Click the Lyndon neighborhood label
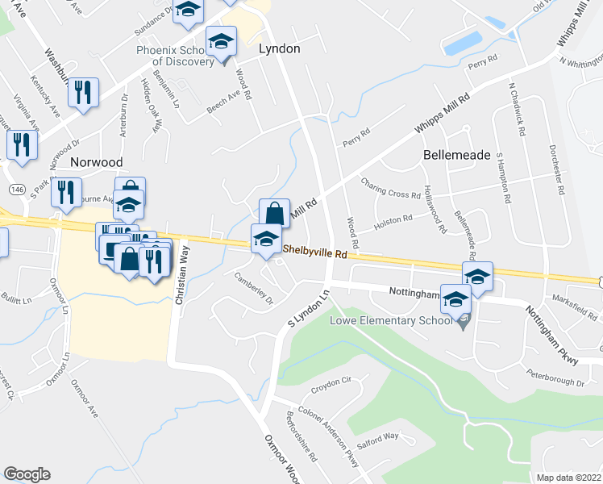(x=279, y=49)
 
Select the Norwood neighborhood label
(x=96, y=161)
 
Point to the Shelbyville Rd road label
(x=314, y=252)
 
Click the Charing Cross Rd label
(x=390, y=188)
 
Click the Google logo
(x=27, y=474)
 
